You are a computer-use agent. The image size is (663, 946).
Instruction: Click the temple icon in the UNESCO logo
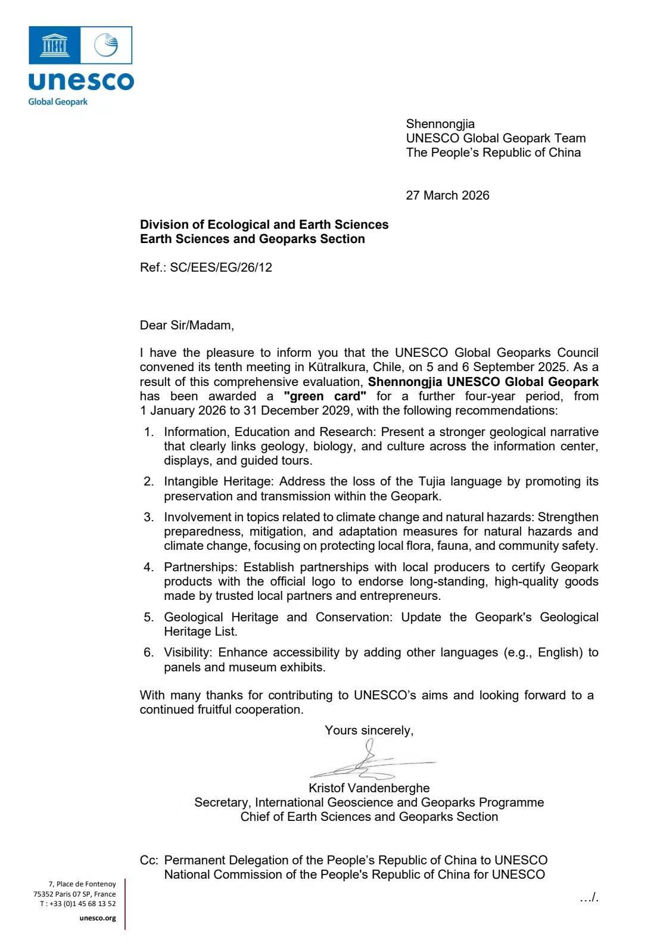pos(54,45)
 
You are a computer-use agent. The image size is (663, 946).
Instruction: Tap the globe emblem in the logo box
pos(107,45)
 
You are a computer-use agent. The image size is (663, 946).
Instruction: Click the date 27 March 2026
pos(447,195)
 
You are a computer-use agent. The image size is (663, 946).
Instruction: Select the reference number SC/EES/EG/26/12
pos(221,267)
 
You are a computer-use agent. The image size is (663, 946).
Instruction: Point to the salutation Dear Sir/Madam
pos(186,325)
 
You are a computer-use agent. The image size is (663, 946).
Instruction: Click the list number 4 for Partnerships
pos(148,567)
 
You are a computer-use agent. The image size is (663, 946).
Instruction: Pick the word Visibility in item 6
pos(187,652)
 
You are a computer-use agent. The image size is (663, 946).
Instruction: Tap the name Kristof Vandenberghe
pos(369,788)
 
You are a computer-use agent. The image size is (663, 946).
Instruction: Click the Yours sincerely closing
pos(369,730)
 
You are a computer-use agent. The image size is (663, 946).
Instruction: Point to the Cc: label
pos(149,860)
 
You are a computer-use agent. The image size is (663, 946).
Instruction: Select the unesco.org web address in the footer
pos(98,918)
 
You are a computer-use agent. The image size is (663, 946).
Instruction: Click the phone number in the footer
pos(78,904)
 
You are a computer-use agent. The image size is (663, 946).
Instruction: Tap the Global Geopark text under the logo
pos(58,102)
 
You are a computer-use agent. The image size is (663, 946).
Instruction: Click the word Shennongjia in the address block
pos(440,124)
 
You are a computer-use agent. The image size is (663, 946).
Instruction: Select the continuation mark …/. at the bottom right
pos(589,898)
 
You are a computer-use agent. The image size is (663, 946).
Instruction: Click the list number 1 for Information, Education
pos(148,432)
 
